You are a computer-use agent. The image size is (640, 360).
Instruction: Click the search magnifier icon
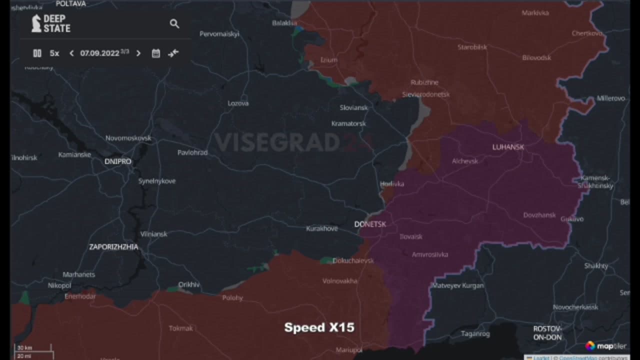(x=174, y=23)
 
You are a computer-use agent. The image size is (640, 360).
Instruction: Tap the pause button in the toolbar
(x=37, y=53)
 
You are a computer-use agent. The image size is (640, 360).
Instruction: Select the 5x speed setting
(x=54, y=53)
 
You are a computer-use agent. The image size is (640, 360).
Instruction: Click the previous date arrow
(x=71, y=53)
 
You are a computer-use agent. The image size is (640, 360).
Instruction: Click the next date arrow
(x=138, y=53)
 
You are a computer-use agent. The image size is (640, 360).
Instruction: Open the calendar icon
(x=156, y=53)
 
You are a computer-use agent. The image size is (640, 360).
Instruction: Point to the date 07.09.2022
(x=99, y=53)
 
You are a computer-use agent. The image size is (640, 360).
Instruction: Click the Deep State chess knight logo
(x=36, y=23)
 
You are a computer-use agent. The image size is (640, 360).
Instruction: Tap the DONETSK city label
(x=370, y=224)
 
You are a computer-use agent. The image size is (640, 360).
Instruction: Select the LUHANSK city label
(x=508, y=147)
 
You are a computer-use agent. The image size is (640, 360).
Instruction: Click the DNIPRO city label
(x=118, y=161)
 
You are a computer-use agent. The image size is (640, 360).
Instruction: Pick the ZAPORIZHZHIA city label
(x=113, y=247)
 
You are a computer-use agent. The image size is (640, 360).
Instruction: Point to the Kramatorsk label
(x=348, y=123)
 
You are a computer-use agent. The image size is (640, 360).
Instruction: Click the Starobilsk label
(x=472, y=47)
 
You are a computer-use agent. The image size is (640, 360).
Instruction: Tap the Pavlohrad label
(x=192, y=152)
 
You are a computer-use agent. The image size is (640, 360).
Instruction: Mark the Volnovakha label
(x=339, y=281)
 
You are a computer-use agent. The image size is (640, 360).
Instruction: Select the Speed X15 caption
(x=319, y=327)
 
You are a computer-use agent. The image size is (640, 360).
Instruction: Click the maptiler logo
(x=605, y=345)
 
